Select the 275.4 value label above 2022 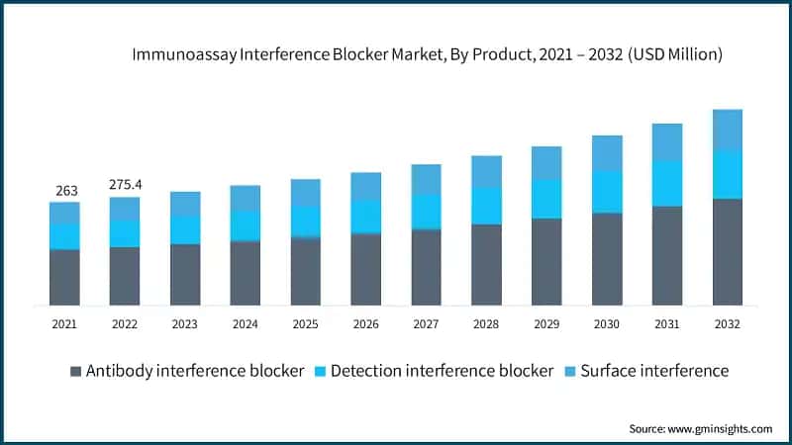(125, 186)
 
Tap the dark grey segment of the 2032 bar (728, 251)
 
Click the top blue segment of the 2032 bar (728, 130)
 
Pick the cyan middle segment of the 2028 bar (486, 205)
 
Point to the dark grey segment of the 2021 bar (64, 277)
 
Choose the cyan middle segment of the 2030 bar (607, 191)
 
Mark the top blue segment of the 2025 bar (306, 193)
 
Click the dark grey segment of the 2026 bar (366, 269)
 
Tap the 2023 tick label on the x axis (185, 323)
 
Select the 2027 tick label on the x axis (426, 323)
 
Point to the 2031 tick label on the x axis (667, 323)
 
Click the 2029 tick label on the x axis (546, 323)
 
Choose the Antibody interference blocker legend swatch (75, 372)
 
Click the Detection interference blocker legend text (442, 371)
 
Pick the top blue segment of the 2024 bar (246, 197)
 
